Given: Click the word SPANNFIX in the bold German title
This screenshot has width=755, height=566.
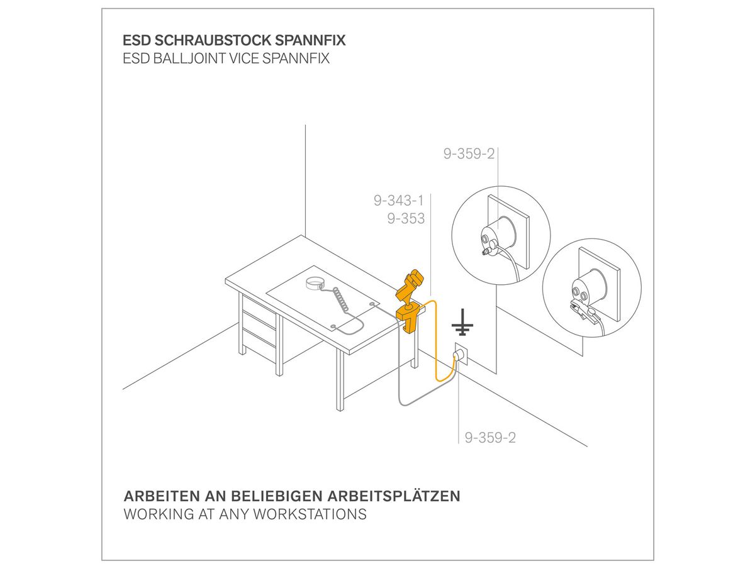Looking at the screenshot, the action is pos(310,40).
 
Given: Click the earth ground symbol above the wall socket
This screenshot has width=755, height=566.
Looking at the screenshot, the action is pos(462,322).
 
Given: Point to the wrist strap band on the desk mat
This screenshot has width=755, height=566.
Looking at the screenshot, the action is pos(315,284).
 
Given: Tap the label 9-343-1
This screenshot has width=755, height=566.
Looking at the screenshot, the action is pos(399,201).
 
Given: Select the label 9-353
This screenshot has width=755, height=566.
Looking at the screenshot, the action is pos(406,219).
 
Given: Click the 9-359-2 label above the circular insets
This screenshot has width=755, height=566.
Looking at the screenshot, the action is pos(469,153).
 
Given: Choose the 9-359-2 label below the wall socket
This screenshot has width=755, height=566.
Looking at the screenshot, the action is pos(490,438).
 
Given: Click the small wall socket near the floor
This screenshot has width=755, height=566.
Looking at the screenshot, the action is pos(461,353).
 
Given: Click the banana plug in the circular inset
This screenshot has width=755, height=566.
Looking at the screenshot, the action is pos(488,253).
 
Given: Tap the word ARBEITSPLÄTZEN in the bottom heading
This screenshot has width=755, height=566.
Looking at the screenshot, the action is pos(393,496).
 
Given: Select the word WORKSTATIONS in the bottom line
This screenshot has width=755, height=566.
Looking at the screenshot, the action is pos(310,514).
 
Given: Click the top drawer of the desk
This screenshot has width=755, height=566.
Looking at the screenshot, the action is pos(259,306).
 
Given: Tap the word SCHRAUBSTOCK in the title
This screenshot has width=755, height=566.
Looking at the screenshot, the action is pos(213,40).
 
